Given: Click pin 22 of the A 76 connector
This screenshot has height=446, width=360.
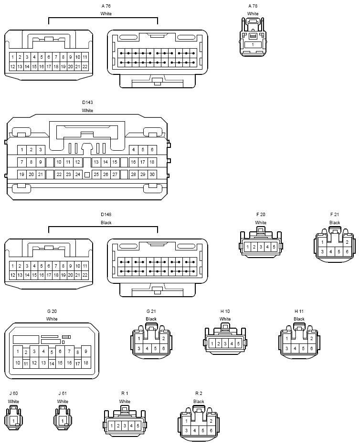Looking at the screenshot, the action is pos(85,67).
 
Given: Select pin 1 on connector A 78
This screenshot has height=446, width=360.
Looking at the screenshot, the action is pos(253,45).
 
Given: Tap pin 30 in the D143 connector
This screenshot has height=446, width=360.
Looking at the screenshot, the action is pos(152,175).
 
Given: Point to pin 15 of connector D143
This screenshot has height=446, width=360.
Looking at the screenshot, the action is pos(115,162).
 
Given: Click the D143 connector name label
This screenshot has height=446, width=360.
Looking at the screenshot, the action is pos(87,103).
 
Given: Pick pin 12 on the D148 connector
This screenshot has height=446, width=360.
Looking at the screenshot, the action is pos(12,275).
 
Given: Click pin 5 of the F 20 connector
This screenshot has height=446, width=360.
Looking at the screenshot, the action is pos(274,247).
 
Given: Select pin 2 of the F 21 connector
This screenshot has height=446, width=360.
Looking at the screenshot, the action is pos(347,242).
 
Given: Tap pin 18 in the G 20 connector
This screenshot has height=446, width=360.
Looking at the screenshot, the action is pos(86,363).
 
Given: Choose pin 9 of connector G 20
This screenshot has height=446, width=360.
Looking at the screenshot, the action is pos(86,352).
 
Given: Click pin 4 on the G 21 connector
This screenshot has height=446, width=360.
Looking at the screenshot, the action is pos(147,348).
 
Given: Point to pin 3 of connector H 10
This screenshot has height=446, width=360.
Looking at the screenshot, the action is pos(225,343).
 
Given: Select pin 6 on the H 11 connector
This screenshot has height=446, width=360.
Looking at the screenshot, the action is pos(311,348).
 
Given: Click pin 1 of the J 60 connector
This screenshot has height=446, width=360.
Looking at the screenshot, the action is pos(13,421).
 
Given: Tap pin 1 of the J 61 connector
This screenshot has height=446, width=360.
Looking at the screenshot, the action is pos(63,421).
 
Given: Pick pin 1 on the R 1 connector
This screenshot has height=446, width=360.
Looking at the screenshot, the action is pos(112,426).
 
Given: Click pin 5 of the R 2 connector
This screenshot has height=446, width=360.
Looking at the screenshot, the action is pos(203,430).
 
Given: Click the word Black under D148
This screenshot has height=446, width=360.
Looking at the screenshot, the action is pos(106,222).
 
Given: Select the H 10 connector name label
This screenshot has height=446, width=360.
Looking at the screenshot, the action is pos(225,311).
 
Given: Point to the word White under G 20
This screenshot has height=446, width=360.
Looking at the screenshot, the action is pos(52,319).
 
